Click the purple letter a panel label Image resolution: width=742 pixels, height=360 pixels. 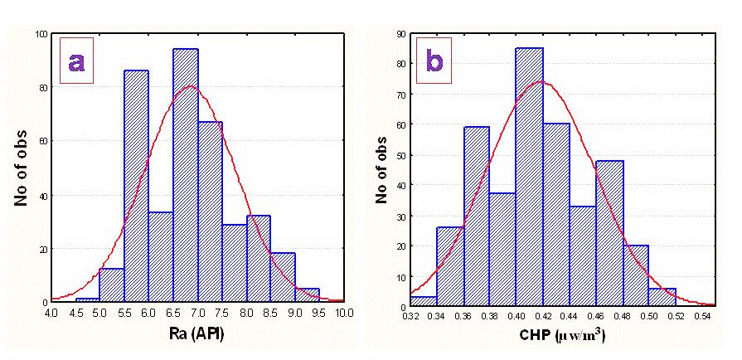76,60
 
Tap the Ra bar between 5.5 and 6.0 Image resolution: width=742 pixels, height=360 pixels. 136,187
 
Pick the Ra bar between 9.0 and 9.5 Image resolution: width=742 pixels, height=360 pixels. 308,294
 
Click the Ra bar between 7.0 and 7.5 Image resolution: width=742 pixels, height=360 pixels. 210,212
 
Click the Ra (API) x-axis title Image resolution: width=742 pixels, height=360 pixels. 197,335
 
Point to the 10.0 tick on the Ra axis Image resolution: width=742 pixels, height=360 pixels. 344,313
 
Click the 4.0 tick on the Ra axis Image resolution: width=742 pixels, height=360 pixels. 51,313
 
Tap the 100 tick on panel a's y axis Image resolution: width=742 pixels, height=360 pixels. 39,34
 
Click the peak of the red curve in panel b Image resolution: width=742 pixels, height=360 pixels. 541,82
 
